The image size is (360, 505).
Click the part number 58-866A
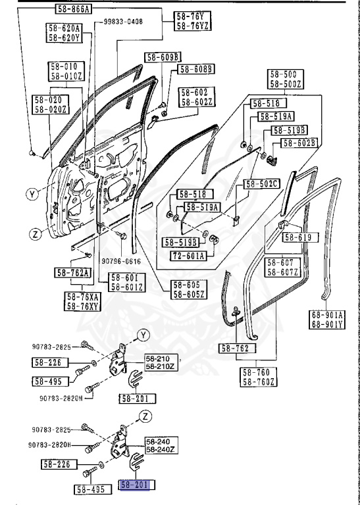click(x=72, y=9)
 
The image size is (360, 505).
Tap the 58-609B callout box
click(x=161, y=57)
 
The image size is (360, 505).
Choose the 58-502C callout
click(x=262, y=183)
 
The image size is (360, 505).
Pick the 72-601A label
click(x=188, y=255)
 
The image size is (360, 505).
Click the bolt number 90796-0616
click(x=121, y=260)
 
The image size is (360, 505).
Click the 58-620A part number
click(x=64, y=28)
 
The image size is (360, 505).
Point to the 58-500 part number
click(x=284, y=74)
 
